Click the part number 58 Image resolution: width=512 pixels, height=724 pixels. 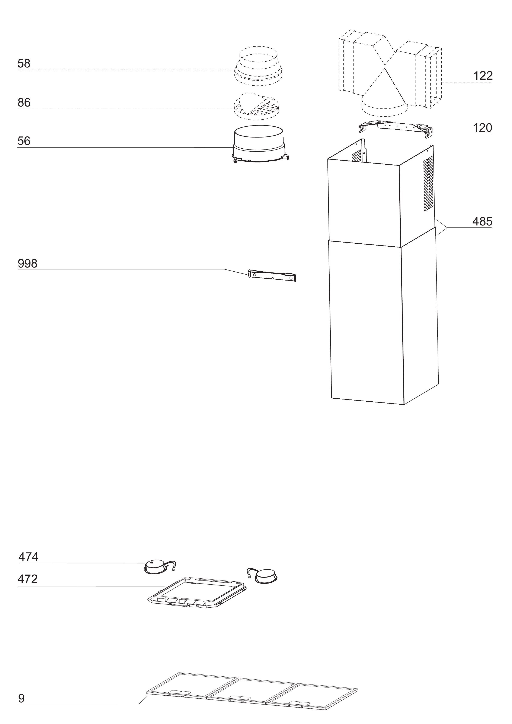pyautogui.click(x=24, y=63)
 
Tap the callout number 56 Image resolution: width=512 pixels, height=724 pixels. pyautogui.click(x=24, y=141)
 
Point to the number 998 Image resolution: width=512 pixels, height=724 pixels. pyautogui.click(x=28, y=263)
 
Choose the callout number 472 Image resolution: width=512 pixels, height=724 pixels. pyautogui.click(x=28, y=579)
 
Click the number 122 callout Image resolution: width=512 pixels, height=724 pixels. pyautogui.click(x=483, y=76)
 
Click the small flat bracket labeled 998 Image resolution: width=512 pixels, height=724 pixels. pyautogui.click(x=272, y=275)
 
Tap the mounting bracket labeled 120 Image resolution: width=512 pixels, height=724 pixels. pyautogui.click(x=396, y=128)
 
